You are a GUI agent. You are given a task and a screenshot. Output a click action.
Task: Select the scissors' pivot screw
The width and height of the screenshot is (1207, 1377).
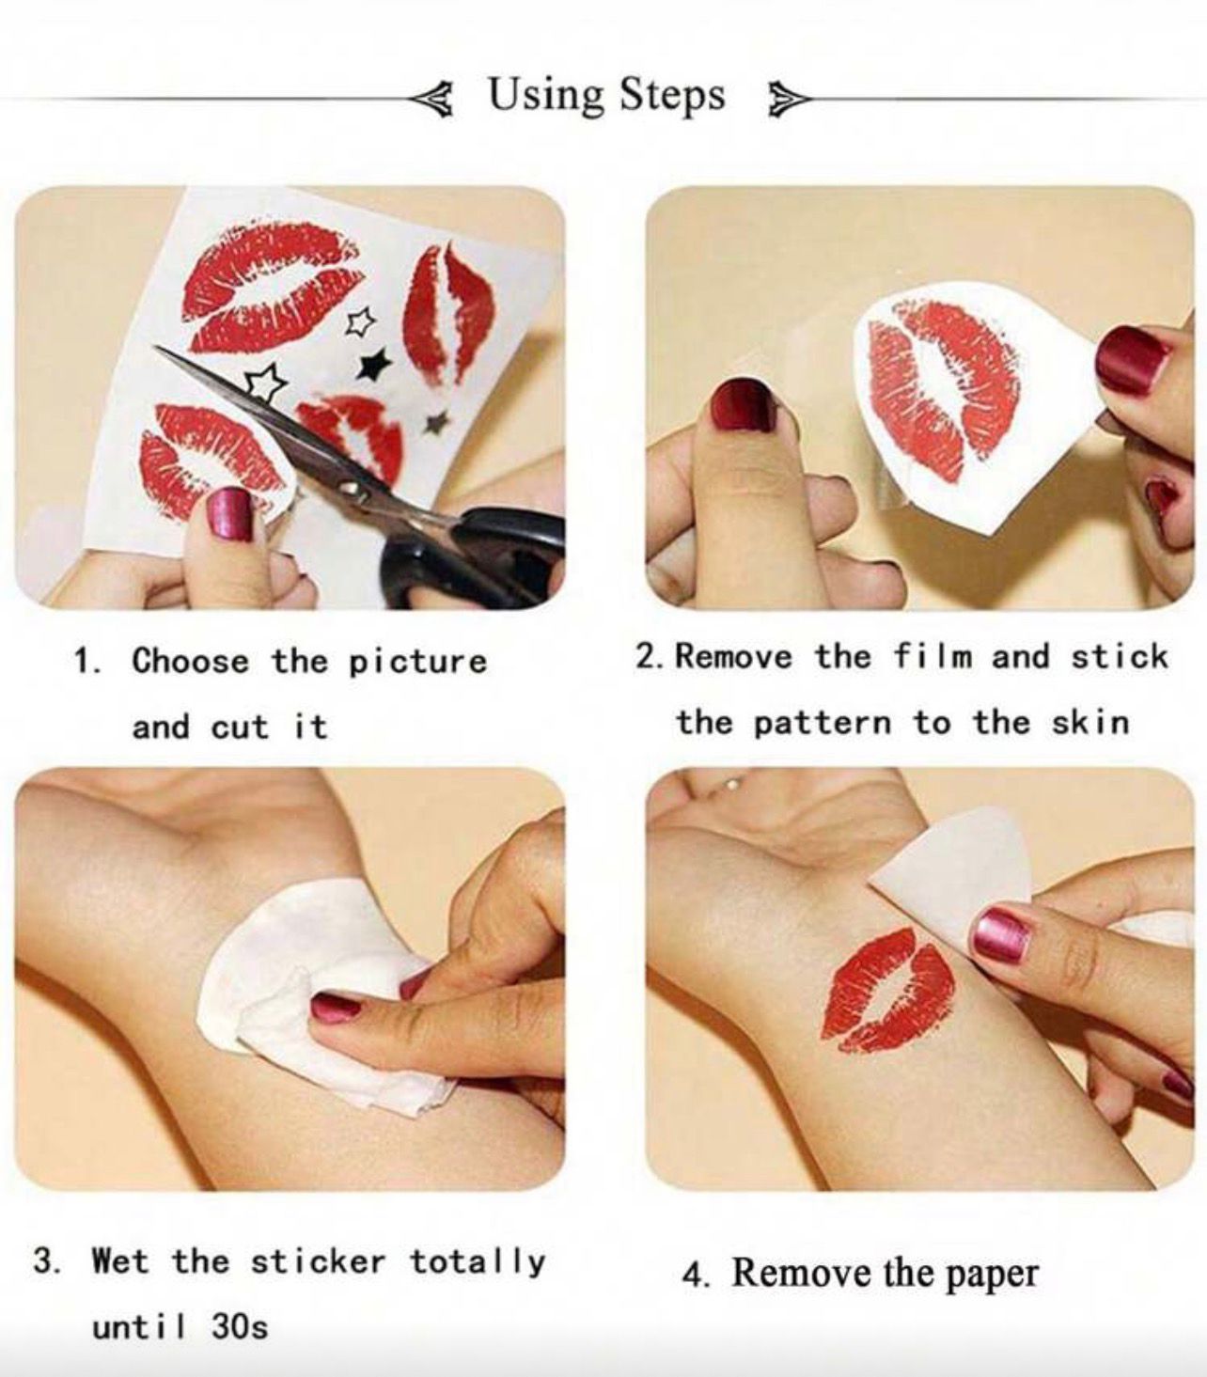[348, 487]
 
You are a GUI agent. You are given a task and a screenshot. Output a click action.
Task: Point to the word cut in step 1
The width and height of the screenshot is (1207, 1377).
[240, 728]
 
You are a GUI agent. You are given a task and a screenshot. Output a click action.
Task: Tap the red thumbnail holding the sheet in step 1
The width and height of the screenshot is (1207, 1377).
[228, 514]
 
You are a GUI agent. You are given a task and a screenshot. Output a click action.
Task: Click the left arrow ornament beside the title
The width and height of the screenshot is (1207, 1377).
[432, 100]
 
